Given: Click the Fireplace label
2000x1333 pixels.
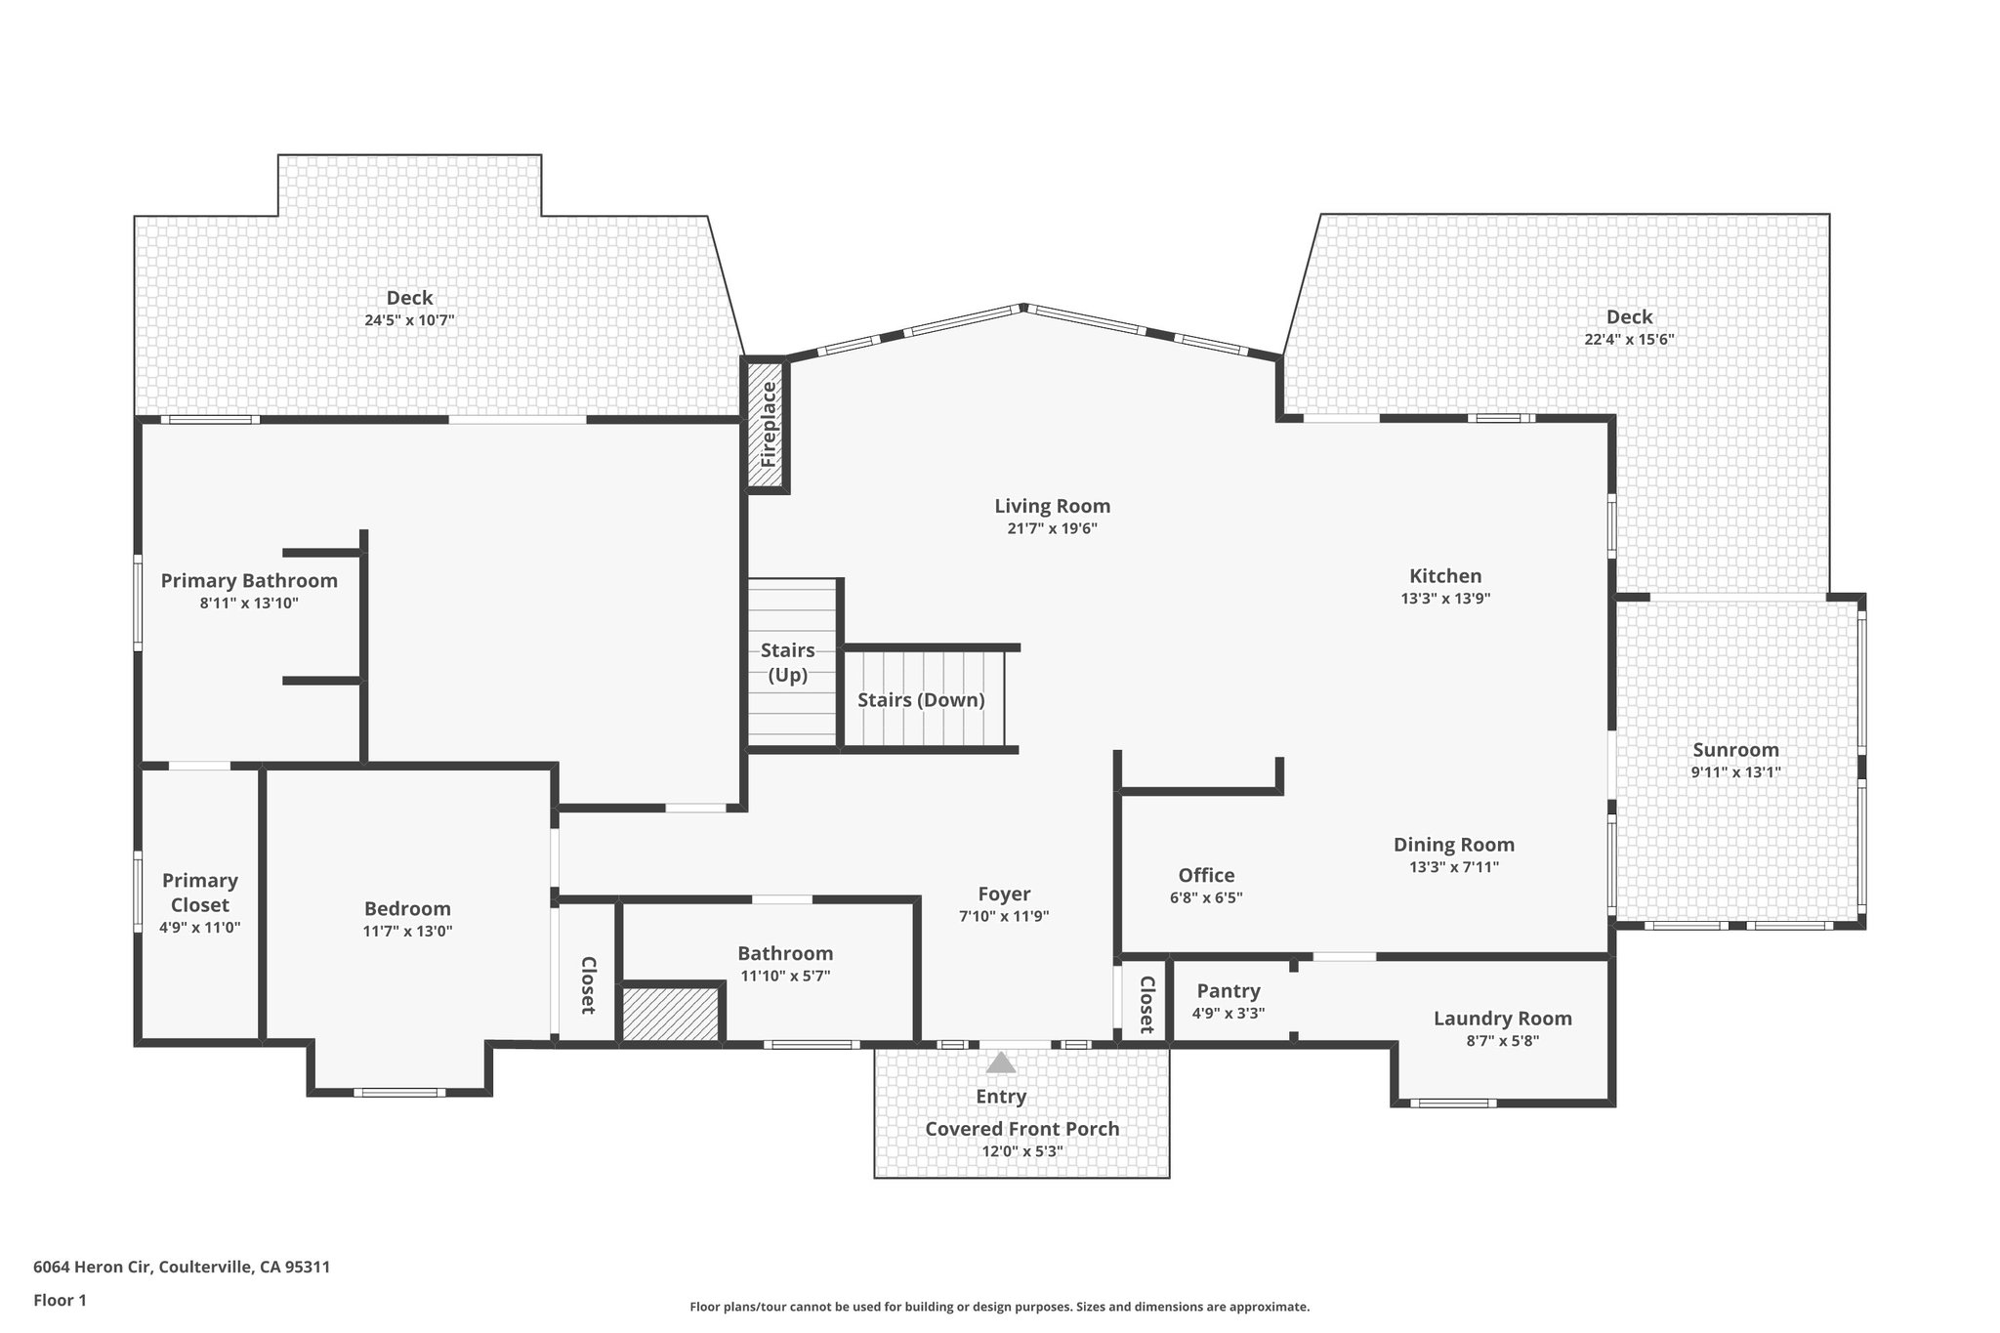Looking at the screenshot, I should tap(769, 424).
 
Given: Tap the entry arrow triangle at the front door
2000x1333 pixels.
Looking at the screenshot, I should tap(1000, 1062).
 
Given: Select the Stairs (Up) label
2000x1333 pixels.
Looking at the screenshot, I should tap(788, 662).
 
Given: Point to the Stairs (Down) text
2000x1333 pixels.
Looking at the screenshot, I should tap(921, 699).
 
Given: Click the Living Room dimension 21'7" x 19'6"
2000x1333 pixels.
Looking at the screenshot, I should tap(1053, 528).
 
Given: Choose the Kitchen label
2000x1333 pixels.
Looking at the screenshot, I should tap(1445, 576).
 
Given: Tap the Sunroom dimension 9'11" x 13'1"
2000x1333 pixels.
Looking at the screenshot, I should tap(1735, 771).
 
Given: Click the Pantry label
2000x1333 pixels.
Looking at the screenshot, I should tap(1229, 990).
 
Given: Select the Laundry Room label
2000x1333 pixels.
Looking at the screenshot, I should tap(1502, 1019).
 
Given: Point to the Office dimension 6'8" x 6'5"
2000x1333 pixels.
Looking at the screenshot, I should tap(1206, 897).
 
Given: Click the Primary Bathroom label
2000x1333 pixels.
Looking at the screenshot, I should tap(249, 581).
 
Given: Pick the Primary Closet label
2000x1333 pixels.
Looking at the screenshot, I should tap(200, 893).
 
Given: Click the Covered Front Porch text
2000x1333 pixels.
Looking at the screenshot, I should tap(1021, 1129).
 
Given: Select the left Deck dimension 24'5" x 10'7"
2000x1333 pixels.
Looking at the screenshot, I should tap(409, 319).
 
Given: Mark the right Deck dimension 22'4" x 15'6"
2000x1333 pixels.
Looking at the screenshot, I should tap(1629, 339).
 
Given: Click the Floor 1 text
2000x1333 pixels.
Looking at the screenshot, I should tap(61, 1300).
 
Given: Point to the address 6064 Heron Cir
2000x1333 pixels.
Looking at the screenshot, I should tap(182, 1267).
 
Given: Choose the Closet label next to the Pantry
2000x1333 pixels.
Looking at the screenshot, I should tap(1146, 1004).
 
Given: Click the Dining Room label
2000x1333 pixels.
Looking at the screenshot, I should tap(1453, 845).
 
